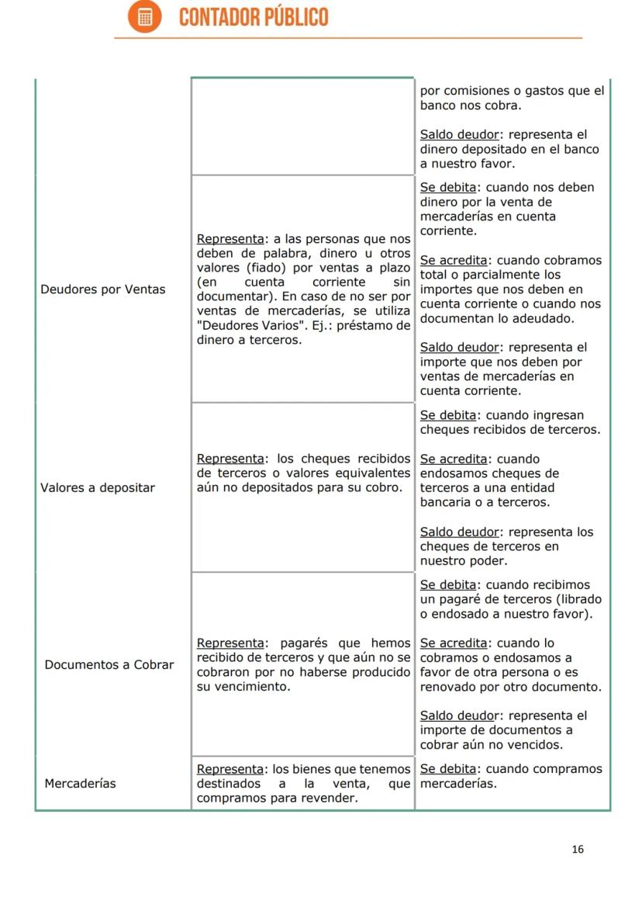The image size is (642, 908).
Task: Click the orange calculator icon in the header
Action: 145,17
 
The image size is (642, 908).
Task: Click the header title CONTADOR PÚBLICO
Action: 254,17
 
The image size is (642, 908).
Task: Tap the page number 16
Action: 577,849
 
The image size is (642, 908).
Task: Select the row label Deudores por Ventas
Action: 102,289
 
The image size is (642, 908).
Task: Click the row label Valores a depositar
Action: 98,488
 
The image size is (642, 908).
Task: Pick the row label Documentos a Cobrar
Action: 109,665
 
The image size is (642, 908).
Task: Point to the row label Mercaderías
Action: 80,784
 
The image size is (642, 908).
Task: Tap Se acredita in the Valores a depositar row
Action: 454,459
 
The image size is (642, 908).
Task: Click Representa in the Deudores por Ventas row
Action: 230,239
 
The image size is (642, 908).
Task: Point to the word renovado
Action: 449,688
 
